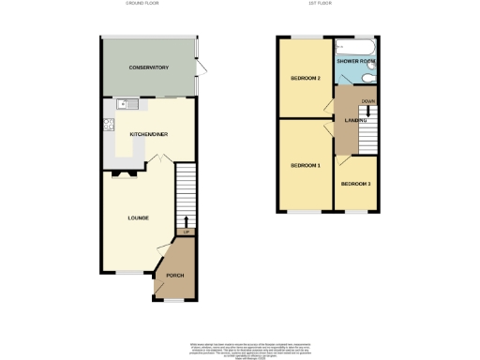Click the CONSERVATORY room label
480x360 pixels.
pyautogui.click(x=149, y=68)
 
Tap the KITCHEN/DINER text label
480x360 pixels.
pyautogui.click(x=149, y=134)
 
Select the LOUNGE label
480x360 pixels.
pyautogui.click(x=139, y=217)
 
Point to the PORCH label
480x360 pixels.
pyautogui.click(x=175, y=275)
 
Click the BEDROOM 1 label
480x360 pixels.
pyautogui.click(x=306, y=166)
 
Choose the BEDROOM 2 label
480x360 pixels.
pyautogui.click(x=306, y=78)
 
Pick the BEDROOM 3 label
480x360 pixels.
pyautogui.click(x=355, y=184)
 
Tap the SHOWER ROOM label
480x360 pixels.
pyautogui.click(x=355, y=63)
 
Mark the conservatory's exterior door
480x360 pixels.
pyautogui.click(x=200, y=68)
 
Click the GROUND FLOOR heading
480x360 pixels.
pyautogui.click(x=143, y=4)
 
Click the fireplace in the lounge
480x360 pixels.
pyautogui.click(x=126, y=173)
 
